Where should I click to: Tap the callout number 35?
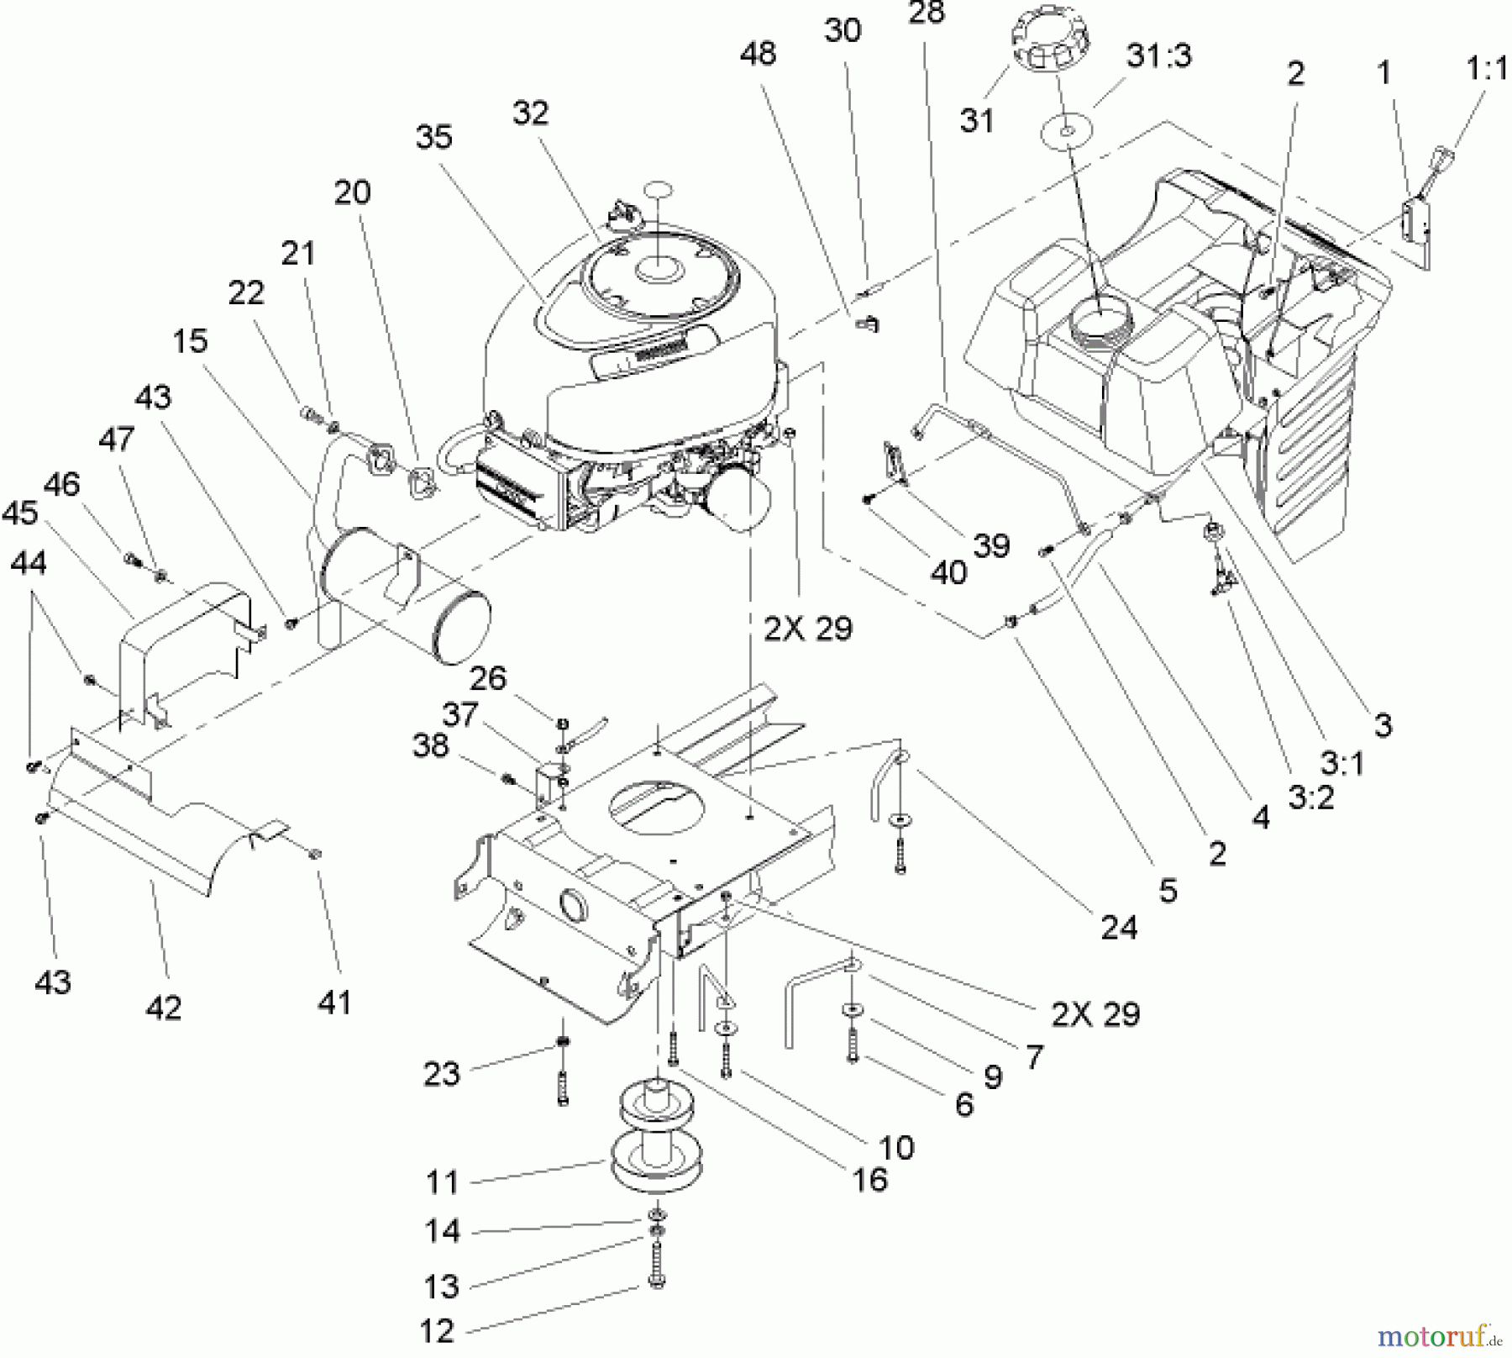point(433,137)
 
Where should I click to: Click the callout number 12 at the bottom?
point(436,1330)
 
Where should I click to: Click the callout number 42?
point(163,1007)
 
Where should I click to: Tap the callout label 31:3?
point(1159,56)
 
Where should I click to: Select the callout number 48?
point(758,54)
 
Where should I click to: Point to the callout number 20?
point(352,192)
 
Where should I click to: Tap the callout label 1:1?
point(1487,69)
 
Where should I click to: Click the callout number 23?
point(442,1073)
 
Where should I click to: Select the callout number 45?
point(20,513)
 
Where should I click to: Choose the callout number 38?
point(431,745)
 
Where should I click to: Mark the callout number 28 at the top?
point(927,12)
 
